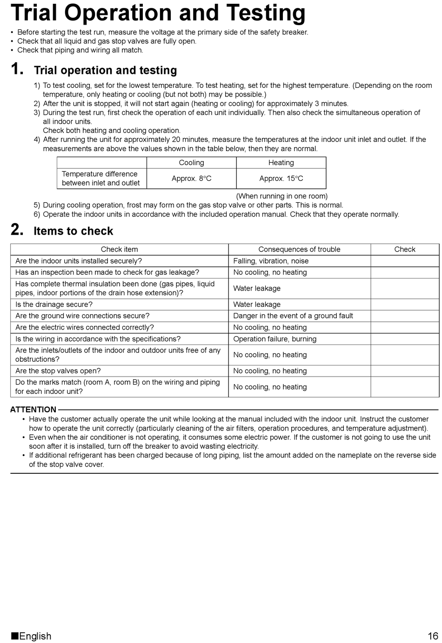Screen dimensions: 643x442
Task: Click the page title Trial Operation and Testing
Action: click(158, 13)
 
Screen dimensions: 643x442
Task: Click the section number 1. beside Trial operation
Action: click(17, 69)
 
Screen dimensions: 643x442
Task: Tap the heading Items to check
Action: click(73, 231)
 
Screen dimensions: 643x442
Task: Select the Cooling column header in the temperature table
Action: click(191, 163)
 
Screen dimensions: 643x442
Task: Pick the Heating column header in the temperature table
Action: click(281, 163)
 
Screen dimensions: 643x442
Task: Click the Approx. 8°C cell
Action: click(191, 179)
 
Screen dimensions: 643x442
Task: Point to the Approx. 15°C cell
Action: click(281, 179)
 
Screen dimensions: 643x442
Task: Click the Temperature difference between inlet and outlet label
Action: click(100, 179)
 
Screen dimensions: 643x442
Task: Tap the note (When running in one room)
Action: click(281, 196)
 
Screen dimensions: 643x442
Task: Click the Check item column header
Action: click(119, 249)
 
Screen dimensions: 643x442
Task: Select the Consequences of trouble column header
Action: click(299, 249)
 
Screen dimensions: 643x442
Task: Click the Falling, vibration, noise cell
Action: click(271, 261)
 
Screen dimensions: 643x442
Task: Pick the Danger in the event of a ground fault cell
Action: click(293, 316)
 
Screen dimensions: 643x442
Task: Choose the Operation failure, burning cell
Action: click(275, 339)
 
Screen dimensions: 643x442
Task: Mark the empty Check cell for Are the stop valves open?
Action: click(404, 371)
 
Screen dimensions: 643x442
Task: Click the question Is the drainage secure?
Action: click(54, 305)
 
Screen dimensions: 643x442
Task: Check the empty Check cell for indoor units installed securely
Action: click(404, 261)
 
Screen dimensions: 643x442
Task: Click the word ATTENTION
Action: click(33, 410)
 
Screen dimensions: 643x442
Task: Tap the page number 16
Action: click(433, 636)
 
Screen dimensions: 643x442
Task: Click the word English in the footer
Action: click(35, 636)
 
